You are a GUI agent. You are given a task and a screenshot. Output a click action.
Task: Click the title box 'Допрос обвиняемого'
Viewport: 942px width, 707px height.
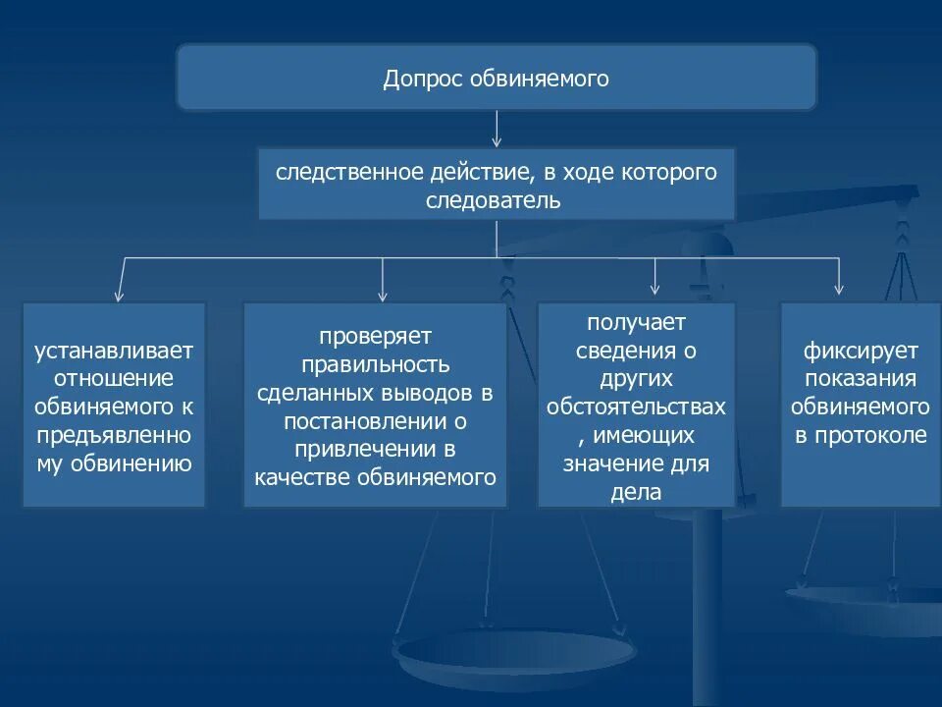point(497,78)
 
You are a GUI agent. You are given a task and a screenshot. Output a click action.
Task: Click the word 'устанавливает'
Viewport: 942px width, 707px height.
point(114,351)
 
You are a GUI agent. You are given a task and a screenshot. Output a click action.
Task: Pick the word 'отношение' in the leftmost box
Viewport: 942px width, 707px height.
point(114,378)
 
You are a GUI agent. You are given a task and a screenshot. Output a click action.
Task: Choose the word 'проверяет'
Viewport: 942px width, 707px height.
point(375,337)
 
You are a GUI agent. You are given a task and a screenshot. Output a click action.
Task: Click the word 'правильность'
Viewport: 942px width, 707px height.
point(375,365)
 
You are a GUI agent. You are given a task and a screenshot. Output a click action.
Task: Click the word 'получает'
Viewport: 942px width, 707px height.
point(636,322)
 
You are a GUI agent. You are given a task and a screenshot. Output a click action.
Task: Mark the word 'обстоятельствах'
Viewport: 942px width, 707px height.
point(636,407)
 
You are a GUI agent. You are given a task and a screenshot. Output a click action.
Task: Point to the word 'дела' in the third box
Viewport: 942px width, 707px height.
point(636,491)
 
